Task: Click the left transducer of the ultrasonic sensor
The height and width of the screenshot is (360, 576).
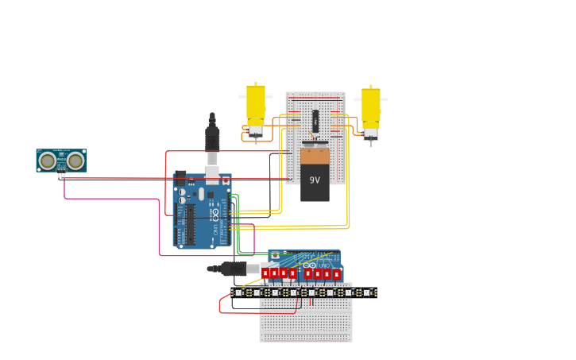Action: click(48, 161)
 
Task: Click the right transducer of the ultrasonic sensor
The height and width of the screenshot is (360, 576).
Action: click(75, 161)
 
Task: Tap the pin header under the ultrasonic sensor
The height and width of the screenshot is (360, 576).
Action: click(61, 176)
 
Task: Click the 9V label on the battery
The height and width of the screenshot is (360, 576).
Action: click(315, 180)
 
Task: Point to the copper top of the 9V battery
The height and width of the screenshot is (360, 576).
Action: click(315, 156)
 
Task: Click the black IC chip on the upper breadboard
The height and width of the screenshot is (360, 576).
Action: click(315, 121)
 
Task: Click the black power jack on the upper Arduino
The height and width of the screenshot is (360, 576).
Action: click(180, 178)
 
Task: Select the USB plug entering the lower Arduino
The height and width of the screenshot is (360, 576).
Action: click(234, 269)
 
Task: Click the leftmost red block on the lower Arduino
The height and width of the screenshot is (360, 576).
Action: click(265, 273)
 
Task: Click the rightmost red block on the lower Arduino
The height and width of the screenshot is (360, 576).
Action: click(336, 274)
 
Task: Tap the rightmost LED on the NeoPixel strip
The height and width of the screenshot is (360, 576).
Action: click(367, 292)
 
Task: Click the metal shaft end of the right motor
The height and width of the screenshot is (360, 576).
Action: click(370, 144)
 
